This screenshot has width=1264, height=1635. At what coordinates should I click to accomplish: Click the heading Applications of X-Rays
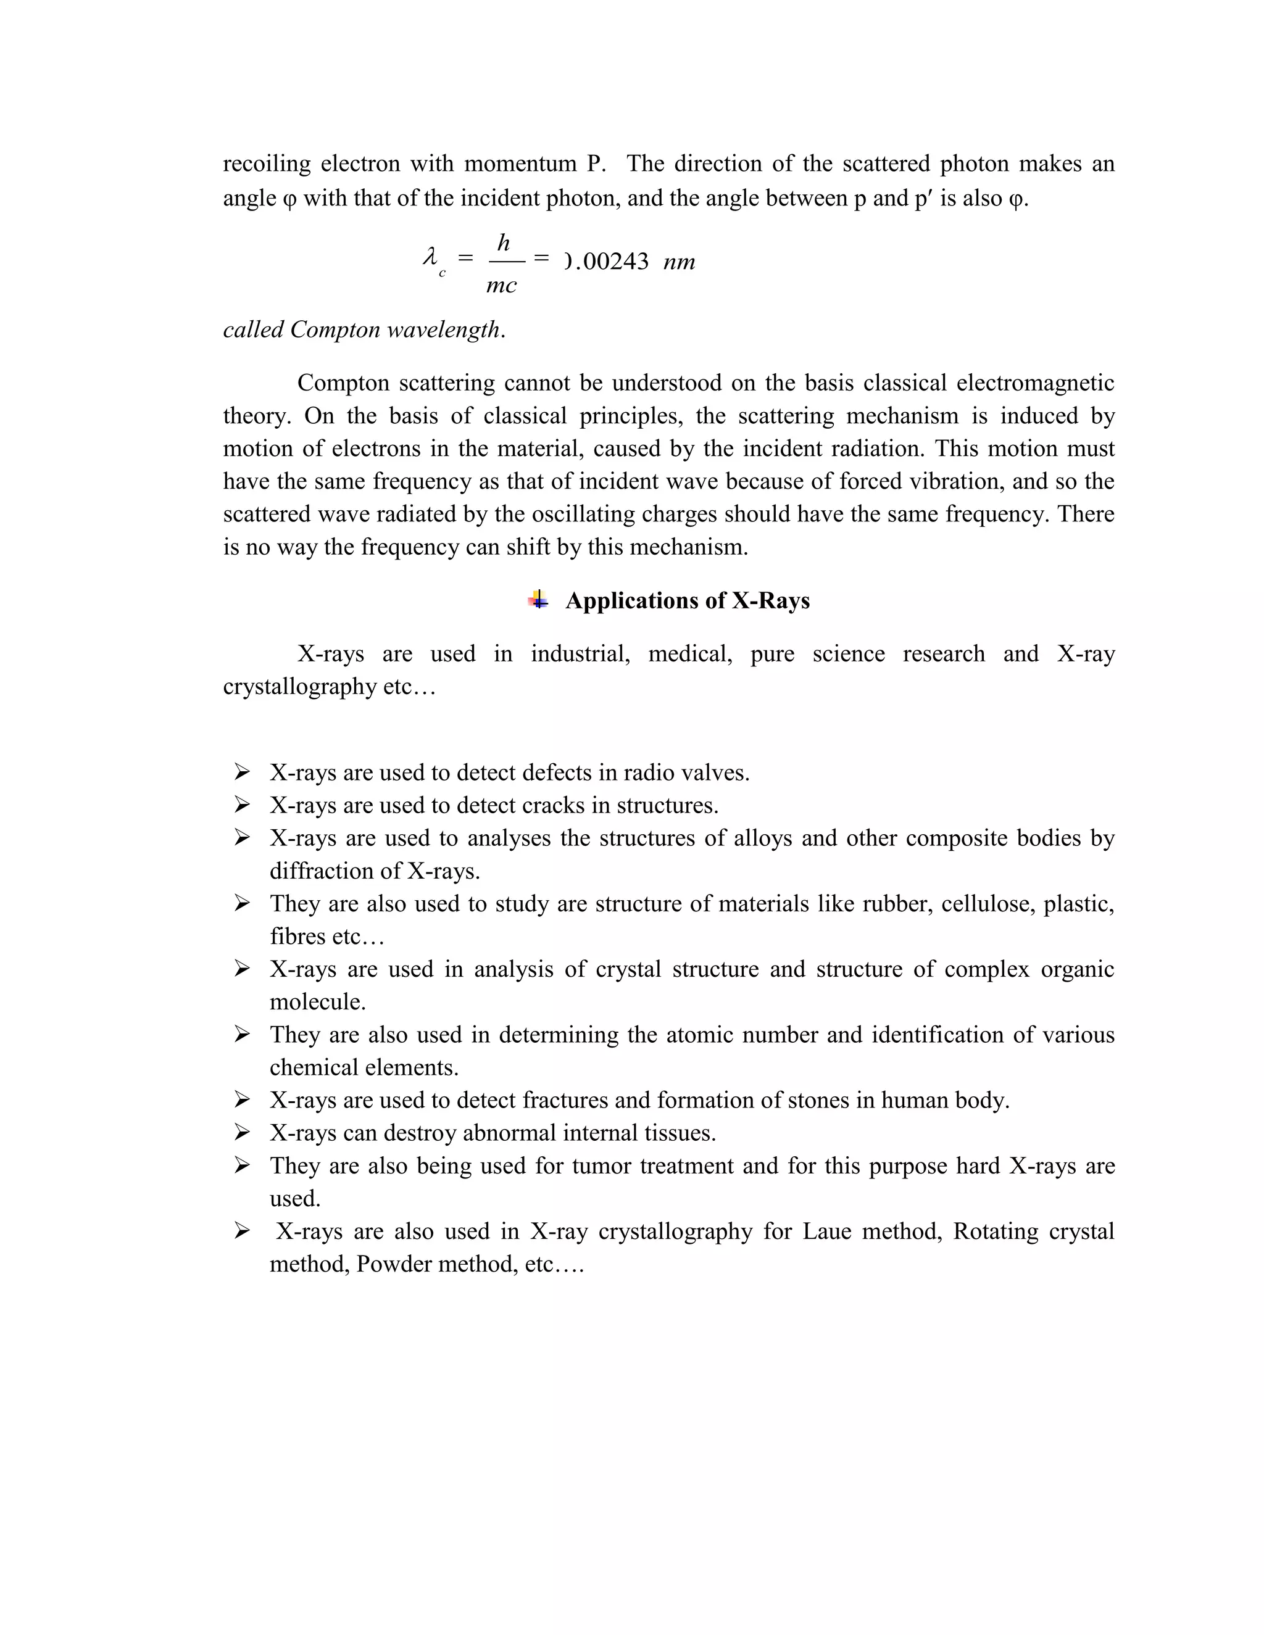point(687,601)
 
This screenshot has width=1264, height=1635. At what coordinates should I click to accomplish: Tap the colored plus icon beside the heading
point(538,600)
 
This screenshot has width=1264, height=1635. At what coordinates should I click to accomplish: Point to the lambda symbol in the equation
point(430,259)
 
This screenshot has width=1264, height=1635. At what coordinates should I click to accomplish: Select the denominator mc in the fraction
point(501,285)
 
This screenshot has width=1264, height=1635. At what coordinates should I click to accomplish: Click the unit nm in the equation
point(679,262)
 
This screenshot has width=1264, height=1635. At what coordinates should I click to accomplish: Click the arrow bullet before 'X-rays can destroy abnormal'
point(242,1133)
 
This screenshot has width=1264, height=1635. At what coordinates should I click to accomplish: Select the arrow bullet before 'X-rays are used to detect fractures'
point(242,1099)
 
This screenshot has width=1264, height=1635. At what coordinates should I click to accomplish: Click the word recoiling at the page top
point(267,164)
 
